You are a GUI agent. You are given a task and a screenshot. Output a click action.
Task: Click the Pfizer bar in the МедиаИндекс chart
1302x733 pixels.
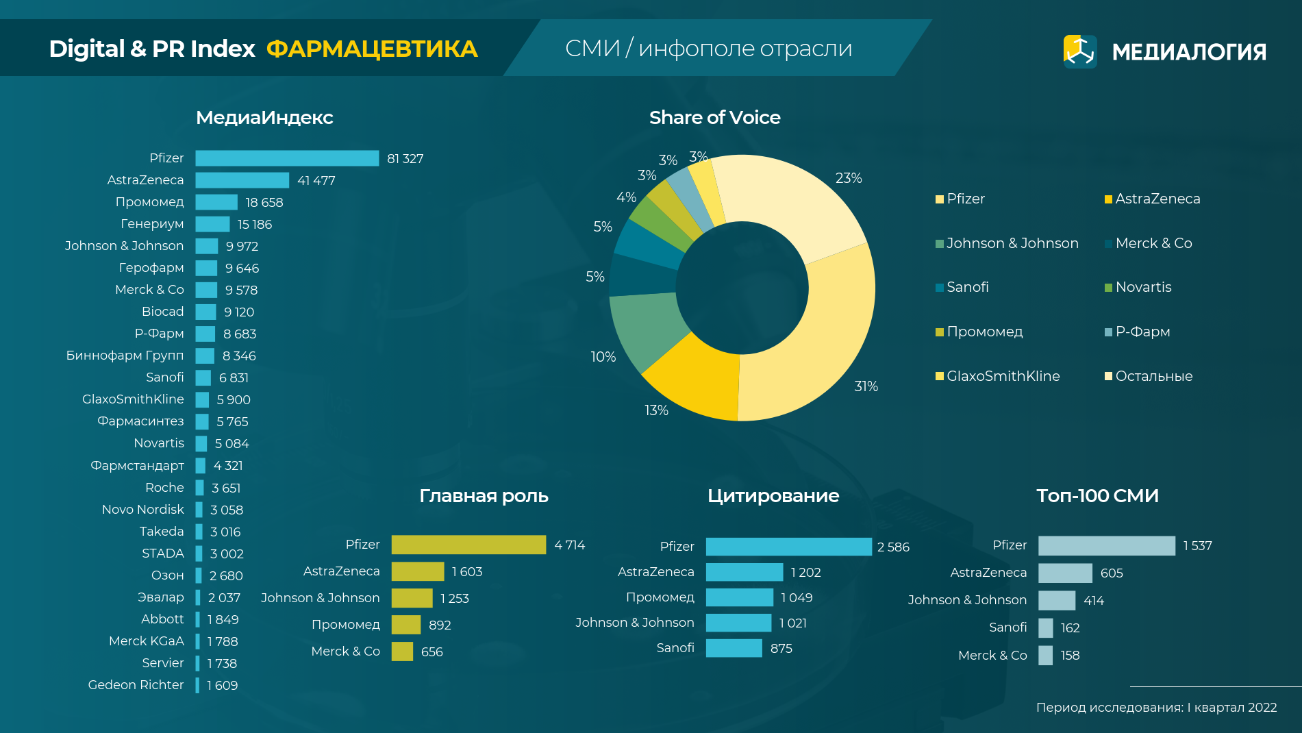click(x=287, y=158)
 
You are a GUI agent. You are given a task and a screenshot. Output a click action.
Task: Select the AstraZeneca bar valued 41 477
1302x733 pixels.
click(x=242, y=180)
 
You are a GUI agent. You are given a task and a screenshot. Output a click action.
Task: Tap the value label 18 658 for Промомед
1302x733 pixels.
click(x=264, y=203)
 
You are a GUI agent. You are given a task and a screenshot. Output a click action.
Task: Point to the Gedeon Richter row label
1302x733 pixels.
click(x=136, y=685)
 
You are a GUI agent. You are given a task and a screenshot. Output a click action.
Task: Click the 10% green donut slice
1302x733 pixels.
click(x=644, y=329)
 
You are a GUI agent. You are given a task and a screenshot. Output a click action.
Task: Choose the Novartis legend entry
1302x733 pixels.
click(x=1143, y=287)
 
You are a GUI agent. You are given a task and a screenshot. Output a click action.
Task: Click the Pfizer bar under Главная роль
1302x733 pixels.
click(x=468, y=545)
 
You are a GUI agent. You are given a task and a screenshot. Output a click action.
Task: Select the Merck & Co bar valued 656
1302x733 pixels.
click(x=402, y=651)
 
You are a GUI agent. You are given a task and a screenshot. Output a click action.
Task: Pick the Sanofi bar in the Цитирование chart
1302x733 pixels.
click(x=734, y=648)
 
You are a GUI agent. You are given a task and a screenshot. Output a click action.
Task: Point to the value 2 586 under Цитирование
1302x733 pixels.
click(x=893, y=547)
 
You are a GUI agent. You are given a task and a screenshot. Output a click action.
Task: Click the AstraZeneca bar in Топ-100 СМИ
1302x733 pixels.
click(x=1065, y=573)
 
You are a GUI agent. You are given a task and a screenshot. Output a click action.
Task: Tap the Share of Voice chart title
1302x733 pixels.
click(x=714, y=118)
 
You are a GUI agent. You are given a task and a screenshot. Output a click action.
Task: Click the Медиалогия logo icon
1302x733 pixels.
click(x=1079, y=51)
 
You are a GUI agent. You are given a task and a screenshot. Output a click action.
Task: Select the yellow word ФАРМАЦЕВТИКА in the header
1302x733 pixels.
click(x=372, y=49)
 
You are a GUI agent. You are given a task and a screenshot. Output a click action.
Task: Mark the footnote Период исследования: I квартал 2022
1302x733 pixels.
click(x=1156, y=708)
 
